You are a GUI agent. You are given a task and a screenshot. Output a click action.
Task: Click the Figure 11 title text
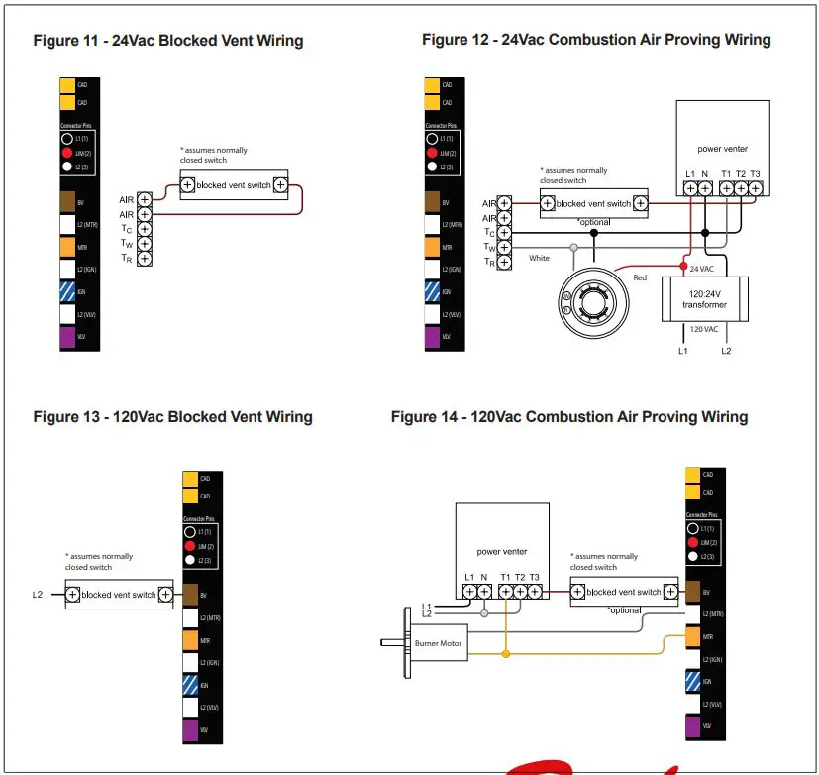pyautogui.click(x=168, y=41)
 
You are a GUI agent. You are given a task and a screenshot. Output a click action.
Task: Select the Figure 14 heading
pyautogui.click(x=568, y=417)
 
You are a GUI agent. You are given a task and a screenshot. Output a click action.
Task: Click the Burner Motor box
pyautogui.click(x=439, y=643)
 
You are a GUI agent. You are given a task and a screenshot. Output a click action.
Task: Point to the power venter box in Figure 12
pyautogui.click(x=722, y=149)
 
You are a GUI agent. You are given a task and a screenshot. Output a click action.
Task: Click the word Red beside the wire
pyautogui.click(x=640, y=278)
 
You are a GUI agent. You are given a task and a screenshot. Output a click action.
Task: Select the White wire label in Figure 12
pyautogui.click(x=539, y=259)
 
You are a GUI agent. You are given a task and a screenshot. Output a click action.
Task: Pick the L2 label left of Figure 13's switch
pyautogui.click(x=39, y=595)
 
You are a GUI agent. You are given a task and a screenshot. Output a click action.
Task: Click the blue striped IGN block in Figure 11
pyautogui.click(x=69, y=292)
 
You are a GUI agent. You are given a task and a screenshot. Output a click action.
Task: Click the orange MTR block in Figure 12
pyautogui.click(x=431, y=247)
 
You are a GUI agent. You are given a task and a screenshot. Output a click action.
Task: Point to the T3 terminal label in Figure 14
pyautogui.click(x=535, y=578)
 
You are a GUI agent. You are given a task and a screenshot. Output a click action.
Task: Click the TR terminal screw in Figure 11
pyautogui.click(x=145, y=258)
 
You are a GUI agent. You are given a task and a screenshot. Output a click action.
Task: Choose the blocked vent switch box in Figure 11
pyautogui.click(x=234, y=185)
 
